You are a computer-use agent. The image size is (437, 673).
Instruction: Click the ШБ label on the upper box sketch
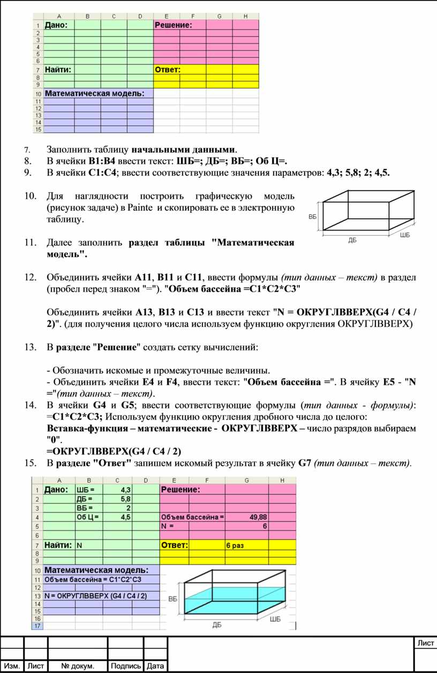tap(406, 235)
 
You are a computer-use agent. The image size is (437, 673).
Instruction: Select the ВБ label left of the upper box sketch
tap(313, 217)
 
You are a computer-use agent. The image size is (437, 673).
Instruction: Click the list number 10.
tap(31, 198)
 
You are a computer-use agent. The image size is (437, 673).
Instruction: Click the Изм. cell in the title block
tap(12, 666)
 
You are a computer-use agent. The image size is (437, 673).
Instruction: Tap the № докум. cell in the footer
tap(78, 666)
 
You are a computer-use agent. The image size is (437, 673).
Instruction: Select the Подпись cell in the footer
tap(126, 666)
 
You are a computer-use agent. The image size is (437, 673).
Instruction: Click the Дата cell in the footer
tap(155, 666)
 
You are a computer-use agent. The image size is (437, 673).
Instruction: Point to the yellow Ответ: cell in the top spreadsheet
tap(168, 70)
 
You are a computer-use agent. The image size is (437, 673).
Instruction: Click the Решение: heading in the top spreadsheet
tap(173, 24)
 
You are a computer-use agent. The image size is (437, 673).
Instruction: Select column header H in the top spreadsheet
tap(245, 16)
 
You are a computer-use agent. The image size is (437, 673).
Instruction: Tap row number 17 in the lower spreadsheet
tap(37, 626)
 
